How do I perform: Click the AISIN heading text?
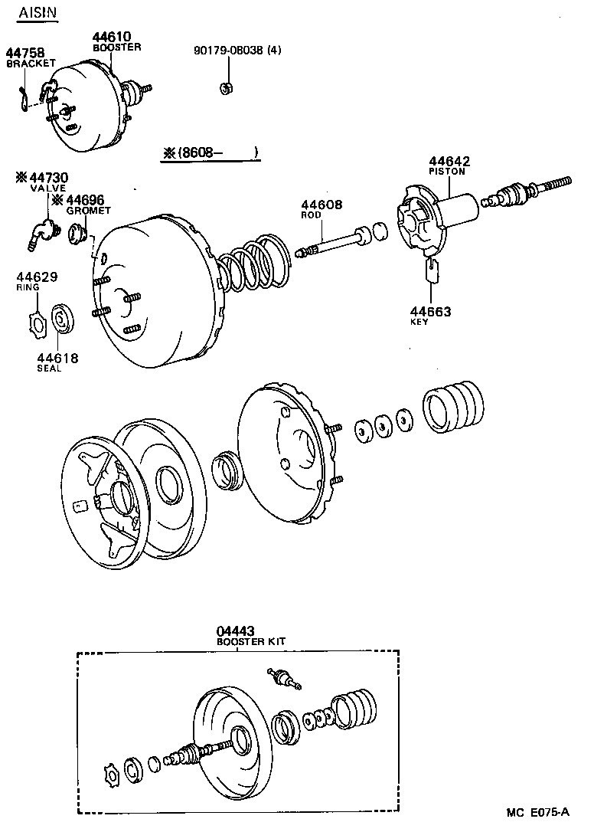[37, 14]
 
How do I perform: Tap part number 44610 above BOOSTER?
[113, 37]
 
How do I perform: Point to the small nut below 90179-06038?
[226, 89]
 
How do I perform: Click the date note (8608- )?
[211, 153]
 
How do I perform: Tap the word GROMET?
[88, 211]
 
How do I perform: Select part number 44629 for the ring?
[36, 277]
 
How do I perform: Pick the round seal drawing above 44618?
[62, 320]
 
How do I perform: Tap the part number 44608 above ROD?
[321, 205]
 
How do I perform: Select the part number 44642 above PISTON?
[449, 162]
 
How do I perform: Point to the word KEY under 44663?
[419, 322]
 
